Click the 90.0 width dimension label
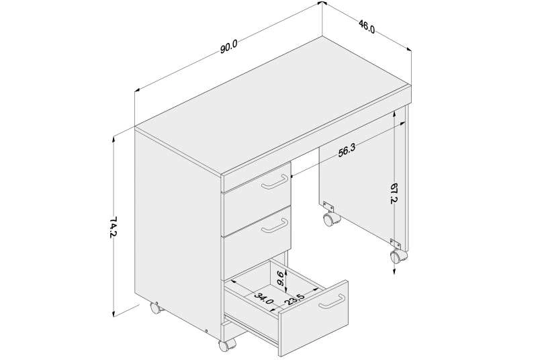(x=228, y=47)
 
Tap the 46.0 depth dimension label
(x=367, y=26)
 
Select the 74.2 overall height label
(x=113, y=227)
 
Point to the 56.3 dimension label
(x=347, y=151)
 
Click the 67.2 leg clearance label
(x=394, y=193)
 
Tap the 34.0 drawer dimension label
(x=264, y=298)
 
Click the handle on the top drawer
(x=275, y=182)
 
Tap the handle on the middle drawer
(x=275, y=226)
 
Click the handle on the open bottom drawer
(x=332, y=302)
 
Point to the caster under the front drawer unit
(x=226, y=345)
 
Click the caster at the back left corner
(x=156, y=308)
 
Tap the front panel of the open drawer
(x=314, y=318)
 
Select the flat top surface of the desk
(x=271, y=104)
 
